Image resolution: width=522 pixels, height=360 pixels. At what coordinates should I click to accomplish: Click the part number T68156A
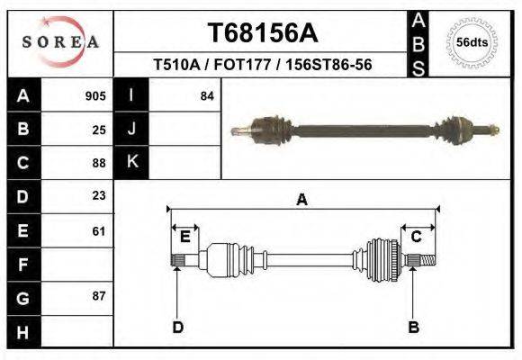(264, 34)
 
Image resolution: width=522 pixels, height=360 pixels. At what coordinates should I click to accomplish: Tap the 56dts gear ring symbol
(472, 42)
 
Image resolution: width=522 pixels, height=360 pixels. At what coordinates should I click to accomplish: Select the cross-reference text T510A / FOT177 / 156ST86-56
(264, 66)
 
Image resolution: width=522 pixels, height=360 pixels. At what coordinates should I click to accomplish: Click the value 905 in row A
(95, 95)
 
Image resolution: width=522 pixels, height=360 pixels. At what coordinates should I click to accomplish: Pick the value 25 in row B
(99, 130)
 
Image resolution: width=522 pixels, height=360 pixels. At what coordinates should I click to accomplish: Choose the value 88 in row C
(99, 163)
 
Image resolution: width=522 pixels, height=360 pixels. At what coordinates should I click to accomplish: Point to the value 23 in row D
(99, 195)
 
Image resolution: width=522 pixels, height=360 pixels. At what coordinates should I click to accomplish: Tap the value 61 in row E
(99, 231)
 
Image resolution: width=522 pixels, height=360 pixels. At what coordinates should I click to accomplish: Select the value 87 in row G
(99, 296)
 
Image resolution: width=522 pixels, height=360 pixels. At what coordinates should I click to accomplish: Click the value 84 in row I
(207, 95)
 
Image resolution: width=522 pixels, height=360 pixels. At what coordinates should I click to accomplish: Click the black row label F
(22, 265)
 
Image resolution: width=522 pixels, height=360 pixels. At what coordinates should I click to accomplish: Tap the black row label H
(22, 331)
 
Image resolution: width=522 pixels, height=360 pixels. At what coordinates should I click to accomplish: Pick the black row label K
(131, 162)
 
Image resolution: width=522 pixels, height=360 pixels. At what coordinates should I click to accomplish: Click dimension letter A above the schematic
(302, 200)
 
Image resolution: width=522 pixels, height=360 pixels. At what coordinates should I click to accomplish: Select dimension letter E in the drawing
(184, 237)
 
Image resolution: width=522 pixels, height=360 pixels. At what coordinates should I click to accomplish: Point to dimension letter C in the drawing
(417, 237)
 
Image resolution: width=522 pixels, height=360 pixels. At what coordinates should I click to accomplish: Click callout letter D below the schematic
(177, 327)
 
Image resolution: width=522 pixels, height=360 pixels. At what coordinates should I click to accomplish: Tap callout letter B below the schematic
(413, 327)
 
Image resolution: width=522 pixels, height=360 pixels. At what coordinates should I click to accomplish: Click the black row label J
(131, 129)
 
